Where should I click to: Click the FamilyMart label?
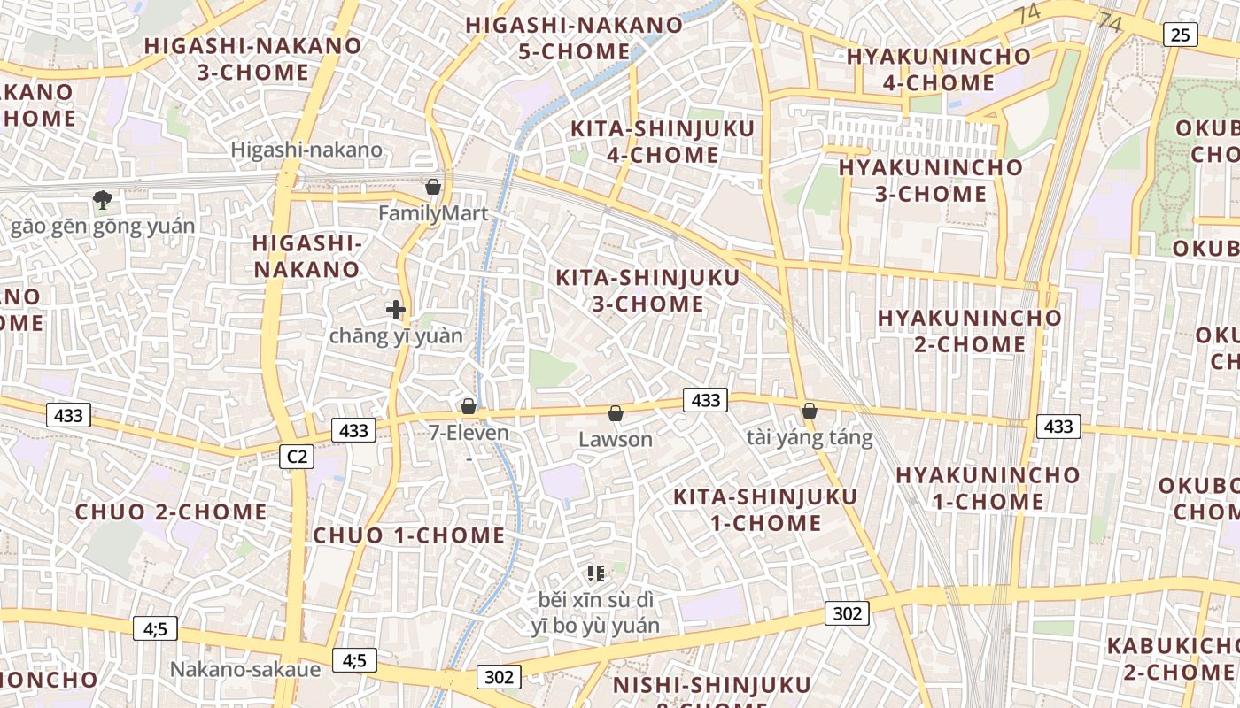coord(433,213)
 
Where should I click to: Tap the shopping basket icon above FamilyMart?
coord(433,187)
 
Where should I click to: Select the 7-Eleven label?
coord(469,433)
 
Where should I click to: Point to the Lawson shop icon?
coord(616,413)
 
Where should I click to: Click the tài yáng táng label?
coord(810,437)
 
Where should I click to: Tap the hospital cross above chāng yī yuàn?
coord(396,310)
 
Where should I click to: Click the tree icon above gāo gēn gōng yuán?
coord(103,200)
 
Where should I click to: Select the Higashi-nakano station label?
coord(306,150)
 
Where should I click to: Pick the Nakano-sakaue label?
coord(245,669)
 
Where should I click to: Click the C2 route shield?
coord(297,457)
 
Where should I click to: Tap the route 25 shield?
coord(1180,35)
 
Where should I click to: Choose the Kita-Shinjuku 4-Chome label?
coord(663,142)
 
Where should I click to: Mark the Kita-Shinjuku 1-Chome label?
coord(765,509)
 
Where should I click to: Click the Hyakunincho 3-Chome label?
coord(930,180)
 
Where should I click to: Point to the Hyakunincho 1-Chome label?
coord(988,488)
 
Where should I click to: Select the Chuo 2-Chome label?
coord(171,512)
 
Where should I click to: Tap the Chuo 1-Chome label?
coord(409,535)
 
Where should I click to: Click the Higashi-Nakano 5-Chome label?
coord(574,38)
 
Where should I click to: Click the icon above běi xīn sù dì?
coord(596,573)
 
